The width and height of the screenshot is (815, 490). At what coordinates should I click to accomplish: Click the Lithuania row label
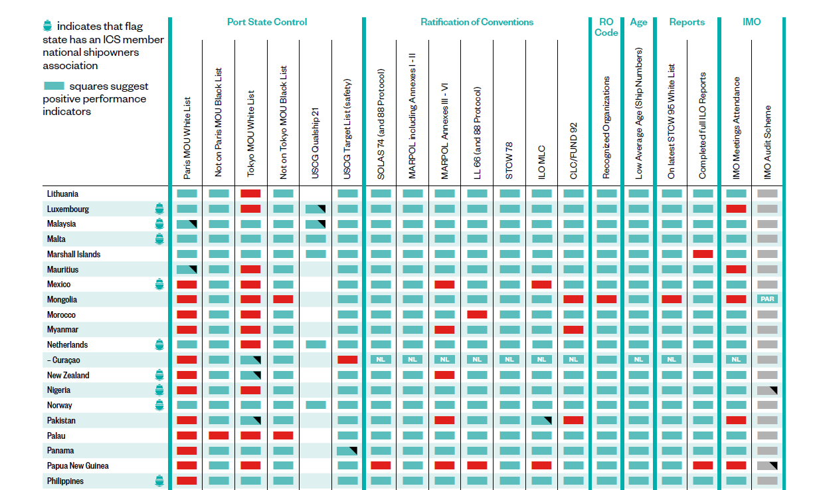(62, 194)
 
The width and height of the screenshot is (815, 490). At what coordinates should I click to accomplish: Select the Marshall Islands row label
(74, 255)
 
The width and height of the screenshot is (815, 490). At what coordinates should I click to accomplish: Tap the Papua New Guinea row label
(78, 466)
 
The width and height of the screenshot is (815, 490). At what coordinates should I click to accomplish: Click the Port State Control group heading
(267, 22)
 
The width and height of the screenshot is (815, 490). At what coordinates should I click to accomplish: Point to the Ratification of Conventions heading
(477, 22)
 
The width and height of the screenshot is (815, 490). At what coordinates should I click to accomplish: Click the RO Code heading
(606, 27)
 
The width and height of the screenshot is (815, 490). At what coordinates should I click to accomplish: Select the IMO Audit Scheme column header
(768, 142)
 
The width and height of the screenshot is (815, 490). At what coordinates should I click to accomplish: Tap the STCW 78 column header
(509, 160)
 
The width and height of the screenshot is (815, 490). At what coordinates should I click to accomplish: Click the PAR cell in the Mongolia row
(767, 299)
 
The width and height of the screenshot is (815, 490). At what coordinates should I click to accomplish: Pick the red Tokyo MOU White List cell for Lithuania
(250, 193)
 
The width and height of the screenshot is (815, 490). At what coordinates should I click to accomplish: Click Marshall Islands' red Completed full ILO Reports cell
(703, 254)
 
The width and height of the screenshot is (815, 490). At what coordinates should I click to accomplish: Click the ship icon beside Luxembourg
(159, 209)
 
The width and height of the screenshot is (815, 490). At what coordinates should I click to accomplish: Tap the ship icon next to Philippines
(159, 481)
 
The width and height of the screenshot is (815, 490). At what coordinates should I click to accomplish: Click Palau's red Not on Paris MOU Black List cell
(219, 435)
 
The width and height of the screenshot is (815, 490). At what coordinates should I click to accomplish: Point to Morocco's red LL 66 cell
(477, 314)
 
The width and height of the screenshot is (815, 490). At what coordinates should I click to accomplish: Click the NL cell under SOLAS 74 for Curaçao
(381, 360)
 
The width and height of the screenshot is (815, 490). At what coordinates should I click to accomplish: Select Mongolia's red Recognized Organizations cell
(606, 299)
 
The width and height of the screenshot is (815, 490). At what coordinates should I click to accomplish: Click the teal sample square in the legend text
(54, 86)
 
